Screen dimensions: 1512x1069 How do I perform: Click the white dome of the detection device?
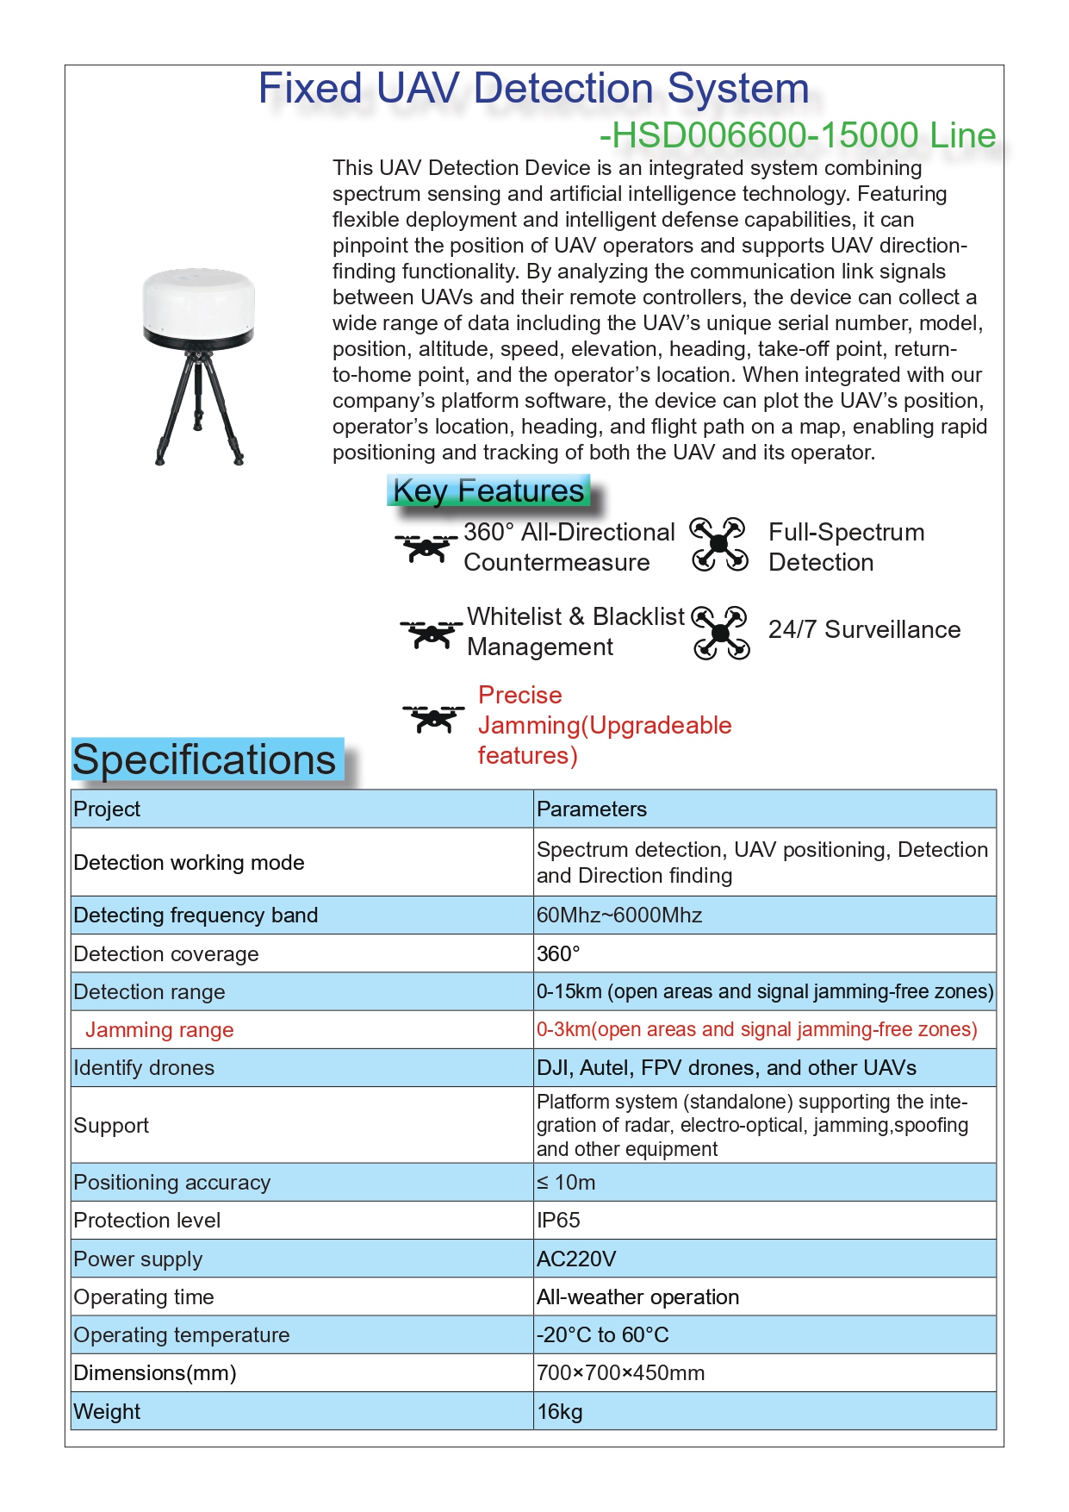tap(198, 297)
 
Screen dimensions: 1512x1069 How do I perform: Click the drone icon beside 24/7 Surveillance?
tap(721, 633)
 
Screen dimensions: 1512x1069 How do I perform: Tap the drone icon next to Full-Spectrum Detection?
tap(718, 545)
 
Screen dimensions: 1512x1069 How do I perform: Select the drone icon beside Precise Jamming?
tap(433, 717)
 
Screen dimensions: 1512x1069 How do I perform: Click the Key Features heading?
tap(488, 490)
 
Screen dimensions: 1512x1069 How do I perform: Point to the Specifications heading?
tap(205, 760)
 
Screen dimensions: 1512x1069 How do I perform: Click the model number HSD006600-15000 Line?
tap(798, 135)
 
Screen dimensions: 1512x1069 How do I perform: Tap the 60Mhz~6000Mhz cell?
tap(619, 915)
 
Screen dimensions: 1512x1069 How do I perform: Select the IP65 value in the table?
tap(558, 1220)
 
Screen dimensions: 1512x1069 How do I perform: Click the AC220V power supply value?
tap(576, 1259)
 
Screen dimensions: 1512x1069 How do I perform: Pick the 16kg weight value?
tap(560, 1411)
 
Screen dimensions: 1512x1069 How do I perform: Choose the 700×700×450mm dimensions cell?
tap(620, 1372)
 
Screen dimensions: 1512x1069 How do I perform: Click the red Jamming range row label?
tap(159, 1029)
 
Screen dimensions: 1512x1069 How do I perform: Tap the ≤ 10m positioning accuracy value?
tap(566, 1182)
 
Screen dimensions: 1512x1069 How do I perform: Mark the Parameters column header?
tap(592, 809)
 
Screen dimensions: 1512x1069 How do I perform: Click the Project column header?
tap(107, 809)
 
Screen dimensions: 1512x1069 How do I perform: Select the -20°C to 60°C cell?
tap(602, 1334)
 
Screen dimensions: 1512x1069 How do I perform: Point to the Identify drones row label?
tap(144, 1067)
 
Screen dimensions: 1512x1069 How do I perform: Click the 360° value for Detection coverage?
tap(558, 953)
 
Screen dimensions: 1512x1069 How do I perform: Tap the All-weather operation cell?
tap(637, 1296)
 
